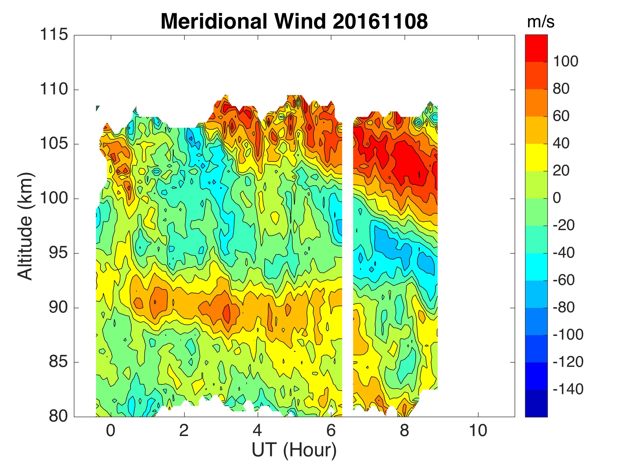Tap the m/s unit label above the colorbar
540,22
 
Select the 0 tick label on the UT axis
111,431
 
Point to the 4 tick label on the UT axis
258,431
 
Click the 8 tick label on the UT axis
404,431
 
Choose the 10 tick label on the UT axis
478,431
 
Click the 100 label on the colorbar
566,62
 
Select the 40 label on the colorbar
561,144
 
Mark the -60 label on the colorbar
564,280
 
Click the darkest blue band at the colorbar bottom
536,404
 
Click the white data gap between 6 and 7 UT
348,254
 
